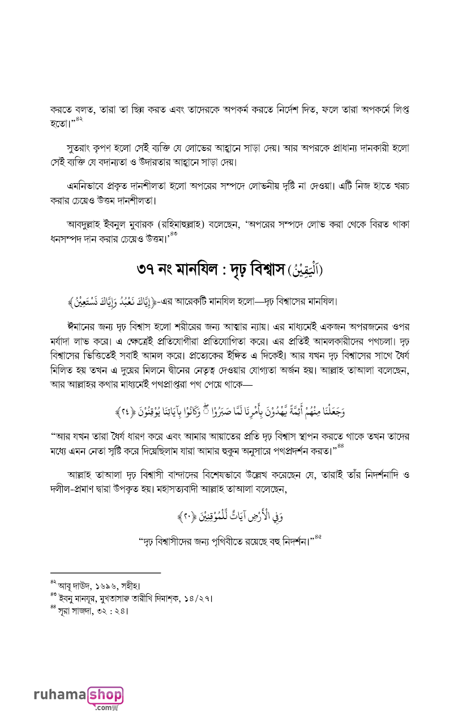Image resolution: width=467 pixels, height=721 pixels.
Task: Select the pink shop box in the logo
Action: (x=105, y=694)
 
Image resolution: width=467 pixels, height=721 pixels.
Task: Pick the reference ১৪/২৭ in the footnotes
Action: (x=199, y=598)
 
